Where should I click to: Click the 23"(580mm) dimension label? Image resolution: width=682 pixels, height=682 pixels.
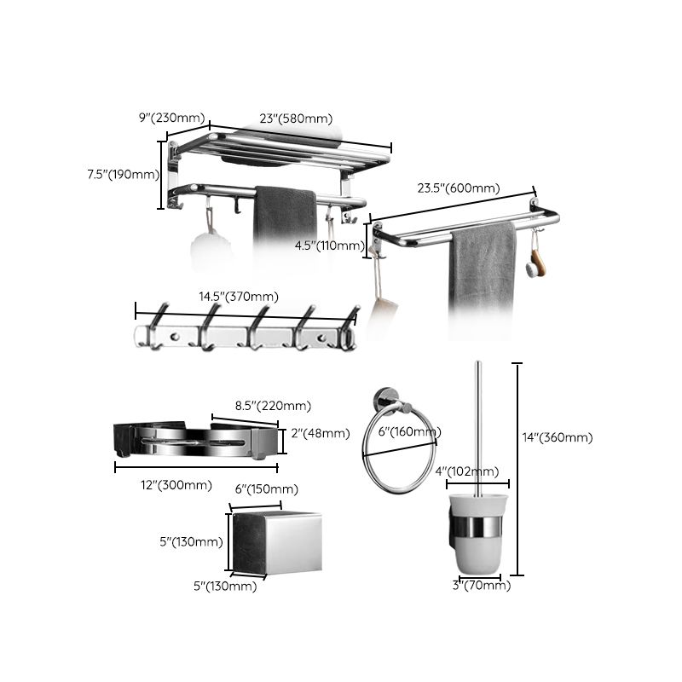click(x=296, y=119)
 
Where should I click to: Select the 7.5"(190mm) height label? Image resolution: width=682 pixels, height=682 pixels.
click(x=124, y=175)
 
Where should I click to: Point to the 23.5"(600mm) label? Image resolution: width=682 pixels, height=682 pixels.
click(x=459, y=189)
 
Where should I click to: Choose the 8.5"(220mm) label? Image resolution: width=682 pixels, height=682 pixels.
click(x=273, y=406)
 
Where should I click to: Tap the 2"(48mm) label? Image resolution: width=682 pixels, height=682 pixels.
click(x=321, y=433)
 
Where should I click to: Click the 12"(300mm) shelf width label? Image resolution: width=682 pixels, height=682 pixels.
click(x=176, y=485)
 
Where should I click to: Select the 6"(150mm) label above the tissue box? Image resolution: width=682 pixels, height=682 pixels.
click(x=266, y=488)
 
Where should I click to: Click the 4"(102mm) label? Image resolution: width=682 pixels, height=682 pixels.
click(x=467, y=471)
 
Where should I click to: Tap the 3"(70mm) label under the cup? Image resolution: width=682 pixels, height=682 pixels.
click(x=482, y=585)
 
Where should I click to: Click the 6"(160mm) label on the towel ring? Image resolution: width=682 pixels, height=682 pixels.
click(x=408, y=431)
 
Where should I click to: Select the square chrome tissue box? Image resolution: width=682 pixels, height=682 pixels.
click(x=277, y=542)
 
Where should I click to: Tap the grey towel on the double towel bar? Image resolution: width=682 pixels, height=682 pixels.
click(x=483, y=264)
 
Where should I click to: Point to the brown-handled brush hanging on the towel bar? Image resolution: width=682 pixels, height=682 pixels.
click(x=535, y=260)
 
